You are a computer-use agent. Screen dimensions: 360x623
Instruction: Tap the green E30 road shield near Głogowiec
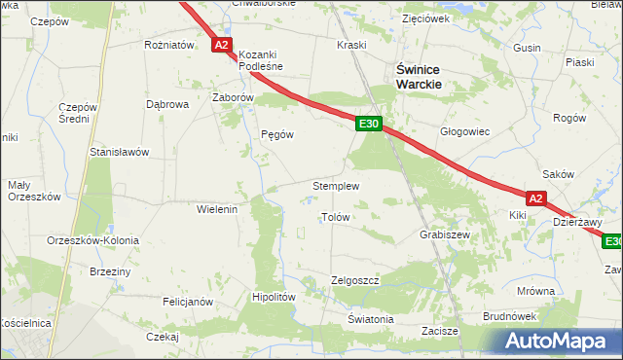[x=368, y=124]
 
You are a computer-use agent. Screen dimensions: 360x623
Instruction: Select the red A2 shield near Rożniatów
[x=222, y=45]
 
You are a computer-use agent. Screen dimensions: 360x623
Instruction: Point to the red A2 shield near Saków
[x=537, y=197]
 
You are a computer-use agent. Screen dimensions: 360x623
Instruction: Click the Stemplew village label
[x=336, y=186]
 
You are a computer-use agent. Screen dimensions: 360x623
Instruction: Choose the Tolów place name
[x=335, y=218]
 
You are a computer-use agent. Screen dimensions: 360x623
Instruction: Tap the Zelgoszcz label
[x=353, y=279]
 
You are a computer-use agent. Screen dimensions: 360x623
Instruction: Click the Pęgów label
[x=277, y=135]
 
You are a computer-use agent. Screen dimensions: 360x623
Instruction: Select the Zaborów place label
[x=233, y=98]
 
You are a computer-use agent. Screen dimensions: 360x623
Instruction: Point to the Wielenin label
[x=217, y=209]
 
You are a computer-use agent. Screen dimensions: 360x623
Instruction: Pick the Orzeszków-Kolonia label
[x=92, y=240]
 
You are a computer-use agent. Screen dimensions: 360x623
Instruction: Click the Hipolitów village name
[x=273, y=298]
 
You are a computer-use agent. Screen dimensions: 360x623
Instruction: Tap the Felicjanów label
[x=187, y=302]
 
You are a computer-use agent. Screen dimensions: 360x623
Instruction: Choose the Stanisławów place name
[x=118, y=152]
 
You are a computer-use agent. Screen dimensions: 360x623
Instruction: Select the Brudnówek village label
[x=510, y=316]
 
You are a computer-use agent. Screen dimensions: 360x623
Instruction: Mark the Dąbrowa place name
[x=165, y=103]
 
